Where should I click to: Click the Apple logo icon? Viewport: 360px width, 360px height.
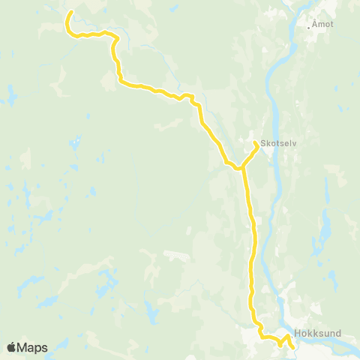click(12, 347)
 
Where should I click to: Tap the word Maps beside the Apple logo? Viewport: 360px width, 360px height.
click(34, 347)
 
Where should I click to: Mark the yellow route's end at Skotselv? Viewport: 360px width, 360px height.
click(257, 143)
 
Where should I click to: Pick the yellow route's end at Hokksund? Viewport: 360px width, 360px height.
click(291, 346)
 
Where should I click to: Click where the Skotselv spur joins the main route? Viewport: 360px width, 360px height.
click(241, 168)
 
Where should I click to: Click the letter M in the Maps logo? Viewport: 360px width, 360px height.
click(25, 347)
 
